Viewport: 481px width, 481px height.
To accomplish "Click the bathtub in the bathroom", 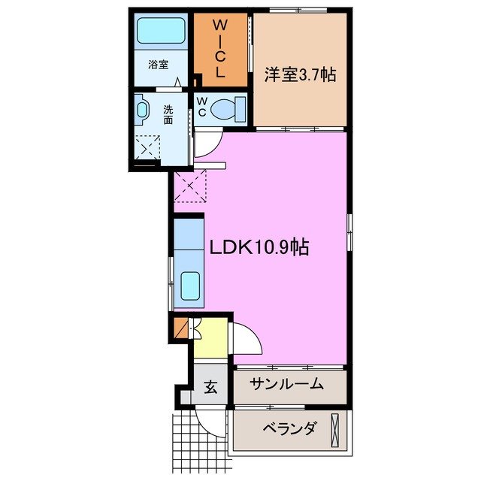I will pos(160,32).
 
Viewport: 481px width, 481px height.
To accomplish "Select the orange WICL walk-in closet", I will pos(222,50).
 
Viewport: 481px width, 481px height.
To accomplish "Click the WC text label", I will pos(201,106).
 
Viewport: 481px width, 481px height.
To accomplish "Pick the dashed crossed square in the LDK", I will pos(191,185).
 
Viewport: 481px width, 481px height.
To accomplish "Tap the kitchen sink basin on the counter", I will pos(189,287).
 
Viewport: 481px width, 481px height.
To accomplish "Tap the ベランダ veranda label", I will pos(289,429).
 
